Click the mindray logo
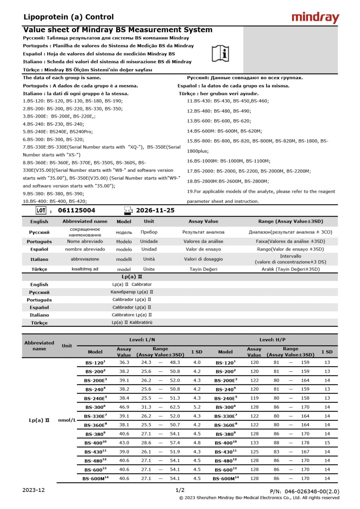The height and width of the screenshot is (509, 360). [315, 18]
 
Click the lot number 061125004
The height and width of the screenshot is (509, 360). [77, 210]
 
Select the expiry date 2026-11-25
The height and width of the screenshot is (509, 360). [155, 210]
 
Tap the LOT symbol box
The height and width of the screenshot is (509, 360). [41, 210]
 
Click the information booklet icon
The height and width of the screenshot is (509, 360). [220, 53]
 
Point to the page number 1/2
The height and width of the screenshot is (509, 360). [180, 490]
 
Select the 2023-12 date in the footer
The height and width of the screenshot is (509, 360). [34, 490]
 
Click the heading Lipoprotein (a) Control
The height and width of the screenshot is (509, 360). [68, 17]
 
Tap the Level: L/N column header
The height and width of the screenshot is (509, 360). [142, 340]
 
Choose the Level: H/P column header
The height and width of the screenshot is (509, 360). [272, 340]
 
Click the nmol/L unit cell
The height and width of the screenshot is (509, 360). [67, 420]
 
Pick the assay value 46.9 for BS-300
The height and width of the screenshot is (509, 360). [124, 407]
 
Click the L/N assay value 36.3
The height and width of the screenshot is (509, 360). [124, 363]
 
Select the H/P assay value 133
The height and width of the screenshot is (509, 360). [254, 443]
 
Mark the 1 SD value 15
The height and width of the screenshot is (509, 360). [327, 443]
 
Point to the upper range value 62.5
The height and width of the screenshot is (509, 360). [175, 407]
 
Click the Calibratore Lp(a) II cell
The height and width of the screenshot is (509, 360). [132, 315]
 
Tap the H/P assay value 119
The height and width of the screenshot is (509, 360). [254, 398]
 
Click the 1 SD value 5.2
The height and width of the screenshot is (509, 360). [197, 407]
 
